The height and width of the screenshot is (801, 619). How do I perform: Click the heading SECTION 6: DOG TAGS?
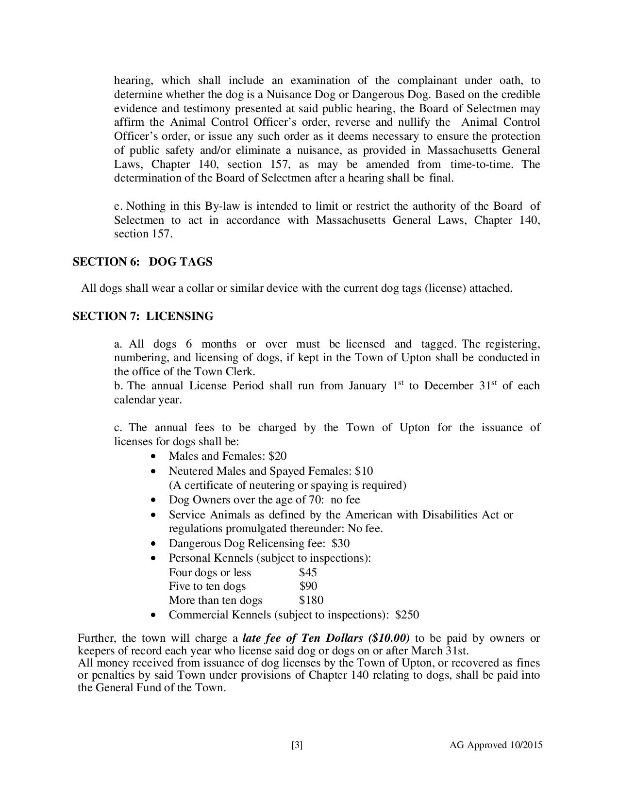tap(142, 262)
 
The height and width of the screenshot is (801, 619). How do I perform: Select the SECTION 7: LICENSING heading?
tap(143, 317)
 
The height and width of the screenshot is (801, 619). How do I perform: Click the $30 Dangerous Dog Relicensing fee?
tap(340, 543)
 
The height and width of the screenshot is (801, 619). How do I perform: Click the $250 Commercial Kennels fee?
tap(407, 615)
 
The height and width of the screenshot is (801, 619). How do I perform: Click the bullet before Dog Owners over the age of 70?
tap(154, 500)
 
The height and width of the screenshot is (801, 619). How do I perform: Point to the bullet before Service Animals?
tap(154, 515)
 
